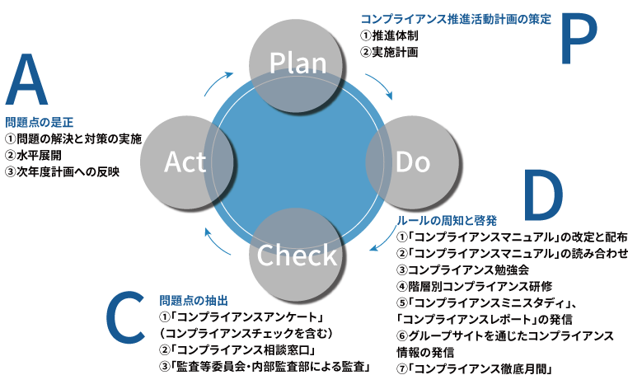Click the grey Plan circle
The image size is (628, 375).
298,63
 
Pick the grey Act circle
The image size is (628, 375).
185,162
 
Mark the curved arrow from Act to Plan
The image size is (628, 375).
218,82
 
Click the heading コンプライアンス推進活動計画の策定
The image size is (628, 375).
456,18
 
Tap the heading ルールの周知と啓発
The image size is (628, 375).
448,221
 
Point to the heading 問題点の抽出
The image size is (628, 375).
193,301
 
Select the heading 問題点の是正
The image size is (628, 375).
39,121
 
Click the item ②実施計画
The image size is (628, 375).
390,52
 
